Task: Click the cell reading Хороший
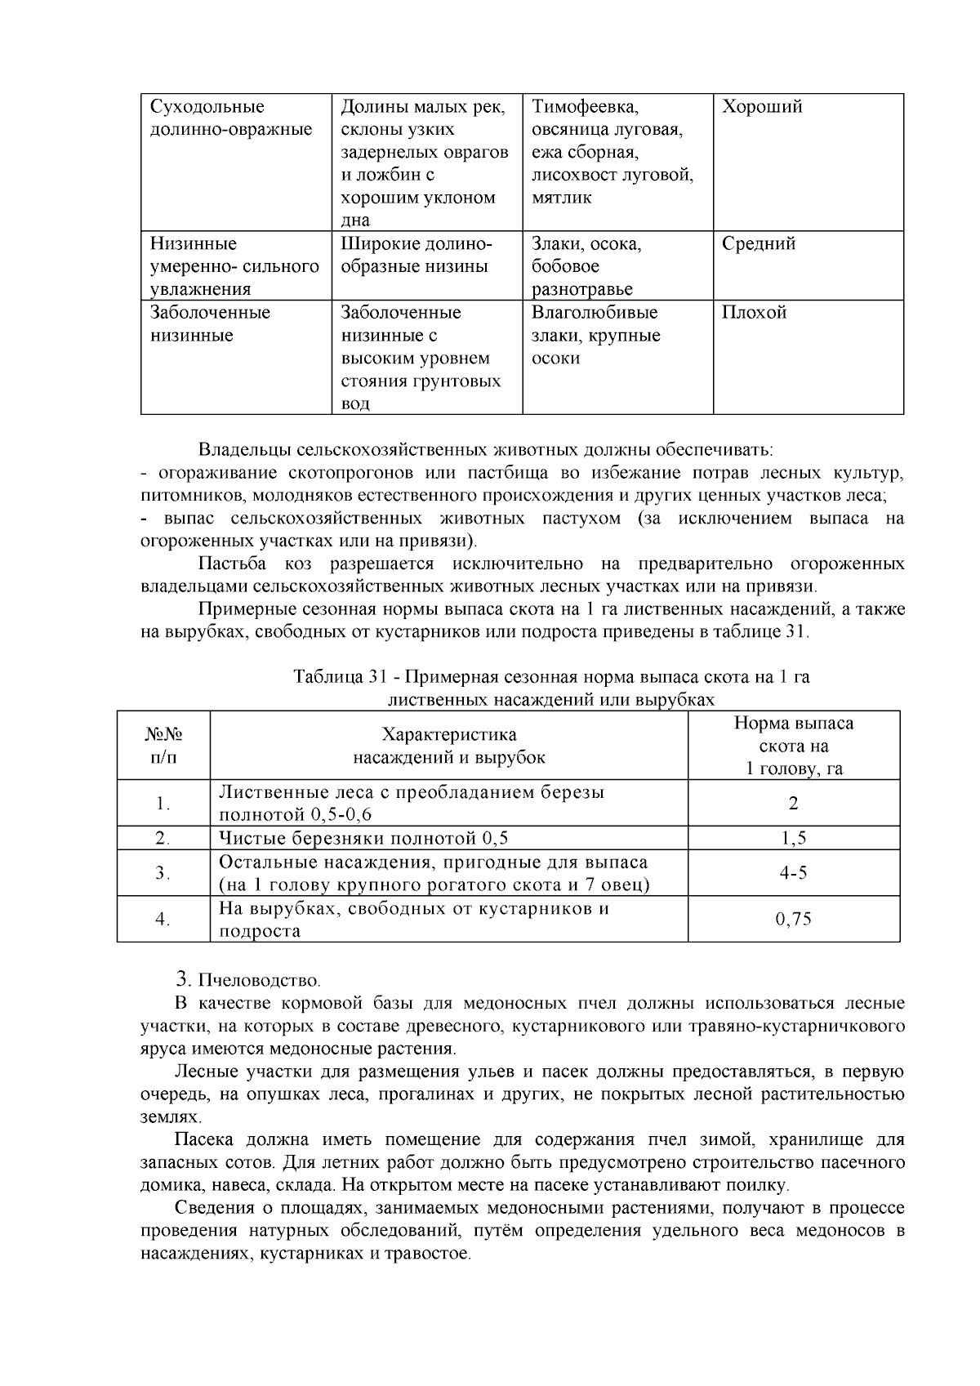click(x=761, y=107)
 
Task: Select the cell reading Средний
click(x=758, y=244)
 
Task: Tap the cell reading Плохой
click(x=753, y=313)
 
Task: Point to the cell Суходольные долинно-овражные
click(x=231, y=118)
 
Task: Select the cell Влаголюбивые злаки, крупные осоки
click(x=595, y=335)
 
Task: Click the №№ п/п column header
click(x=163, y=745)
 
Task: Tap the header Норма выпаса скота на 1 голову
click(x=793, y=745)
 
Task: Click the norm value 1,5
click(x=793, y=838)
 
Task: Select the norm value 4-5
click(x=793, y=873)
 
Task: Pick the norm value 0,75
click(x=793, y=919)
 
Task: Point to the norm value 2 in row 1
click(x=793, y=803)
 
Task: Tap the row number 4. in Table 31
click(x=163, y=919)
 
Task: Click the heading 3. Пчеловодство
click(x=249, y=978)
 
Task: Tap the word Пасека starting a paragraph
click(x=204, y=1139)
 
